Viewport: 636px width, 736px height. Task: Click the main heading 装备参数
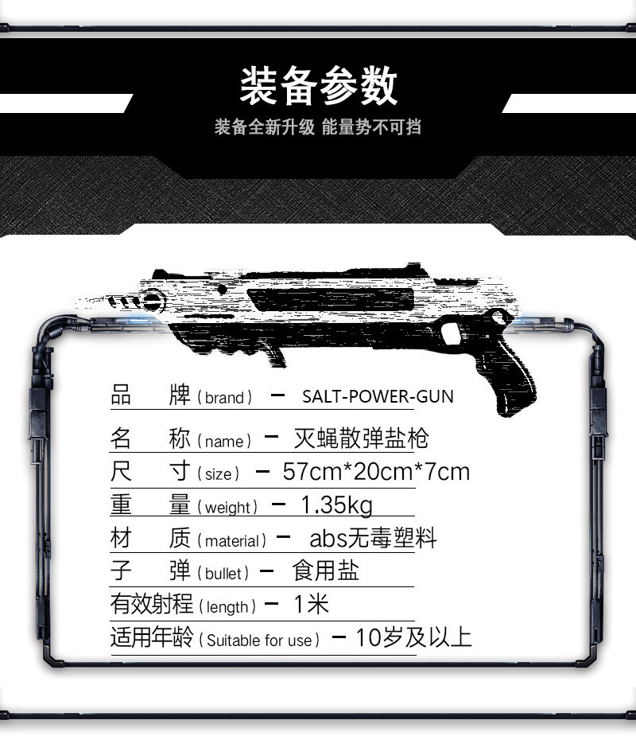click(319, 85)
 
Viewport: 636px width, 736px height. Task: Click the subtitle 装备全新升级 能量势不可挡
click(317, 127)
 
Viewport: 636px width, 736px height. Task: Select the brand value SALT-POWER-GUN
click(378, 396)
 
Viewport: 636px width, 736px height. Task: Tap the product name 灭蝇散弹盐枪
click(361, 438)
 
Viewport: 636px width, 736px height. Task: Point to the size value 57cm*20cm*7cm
click(376, 472)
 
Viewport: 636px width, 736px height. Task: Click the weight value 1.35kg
click(336, 505)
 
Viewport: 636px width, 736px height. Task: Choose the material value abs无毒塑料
click(373, 538)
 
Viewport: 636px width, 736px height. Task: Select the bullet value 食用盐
click(325, 570)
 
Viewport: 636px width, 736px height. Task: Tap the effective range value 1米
click(311, 604)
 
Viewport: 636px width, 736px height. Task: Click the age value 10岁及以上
click(413, 637)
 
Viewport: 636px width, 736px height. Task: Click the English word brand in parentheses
click(224, 398)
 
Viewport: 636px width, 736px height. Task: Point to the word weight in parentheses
click(227, 508)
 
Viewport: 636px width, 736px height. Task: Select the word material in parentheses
click(231, 541)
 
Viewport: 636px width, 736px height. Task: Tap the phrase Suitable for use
click(259, 641)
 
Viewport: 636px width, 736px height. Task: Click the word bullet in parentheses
click(223, 574)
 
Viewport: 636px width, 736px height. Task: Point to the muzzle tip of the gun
click(79, 299)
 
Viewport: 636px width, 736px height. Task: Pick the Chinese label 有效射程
click(152, 604)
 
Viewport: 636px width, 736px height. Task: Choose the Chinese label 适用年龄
click(152, 637)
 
